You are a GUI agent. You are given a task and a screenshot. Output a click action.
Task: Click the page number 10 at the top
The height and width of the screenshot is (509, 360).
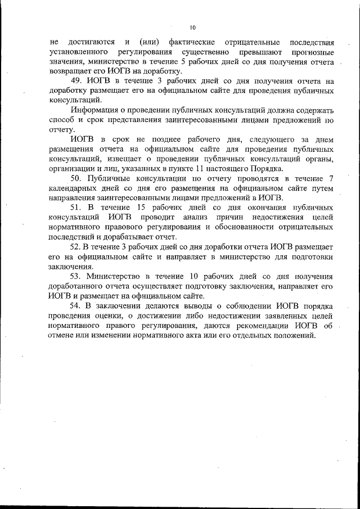pyautogui.click(x=192, y=27)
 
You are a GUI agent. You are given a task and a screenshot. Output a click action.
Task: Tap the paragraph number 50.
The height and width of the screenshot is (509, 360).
pyautogui.click(x=77, y=179)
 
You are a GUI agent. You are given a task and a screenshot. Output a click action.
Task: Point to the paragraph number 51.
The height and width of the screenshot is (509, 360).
pyautogui.click(x=77, y=208)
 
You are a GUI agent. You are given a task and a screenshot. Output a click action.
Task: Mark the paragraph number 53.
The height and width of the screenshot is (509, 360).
pyautogui.click(x=76, y=277)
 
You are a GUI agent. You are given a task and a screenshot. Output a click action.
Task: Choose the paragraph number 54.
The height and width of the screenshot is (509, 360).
pyautogui.click(x=76, y=306)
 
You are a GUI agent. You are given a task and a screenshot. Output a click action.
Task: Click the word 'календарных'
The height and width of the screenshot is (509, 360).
pyautogui.click(x=75, y=188)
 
